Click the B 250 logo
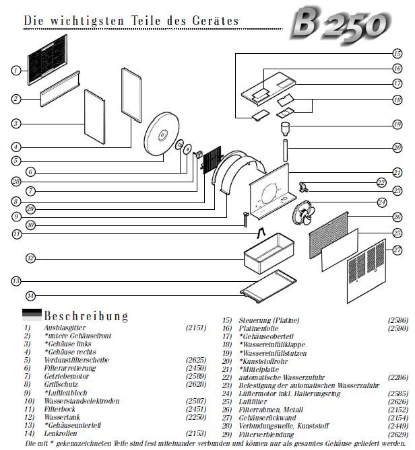(x=340, y=24)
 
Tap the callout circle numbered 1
(x=15, y=70)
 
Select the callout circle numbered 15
(x=397, y=53)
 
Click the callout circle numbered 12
(x=30, y=258)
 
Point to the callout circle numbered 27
(x=397, y=248)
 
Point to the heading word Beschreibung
(x=86, y=315)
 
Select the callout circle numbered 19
(x=397, y=124)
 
